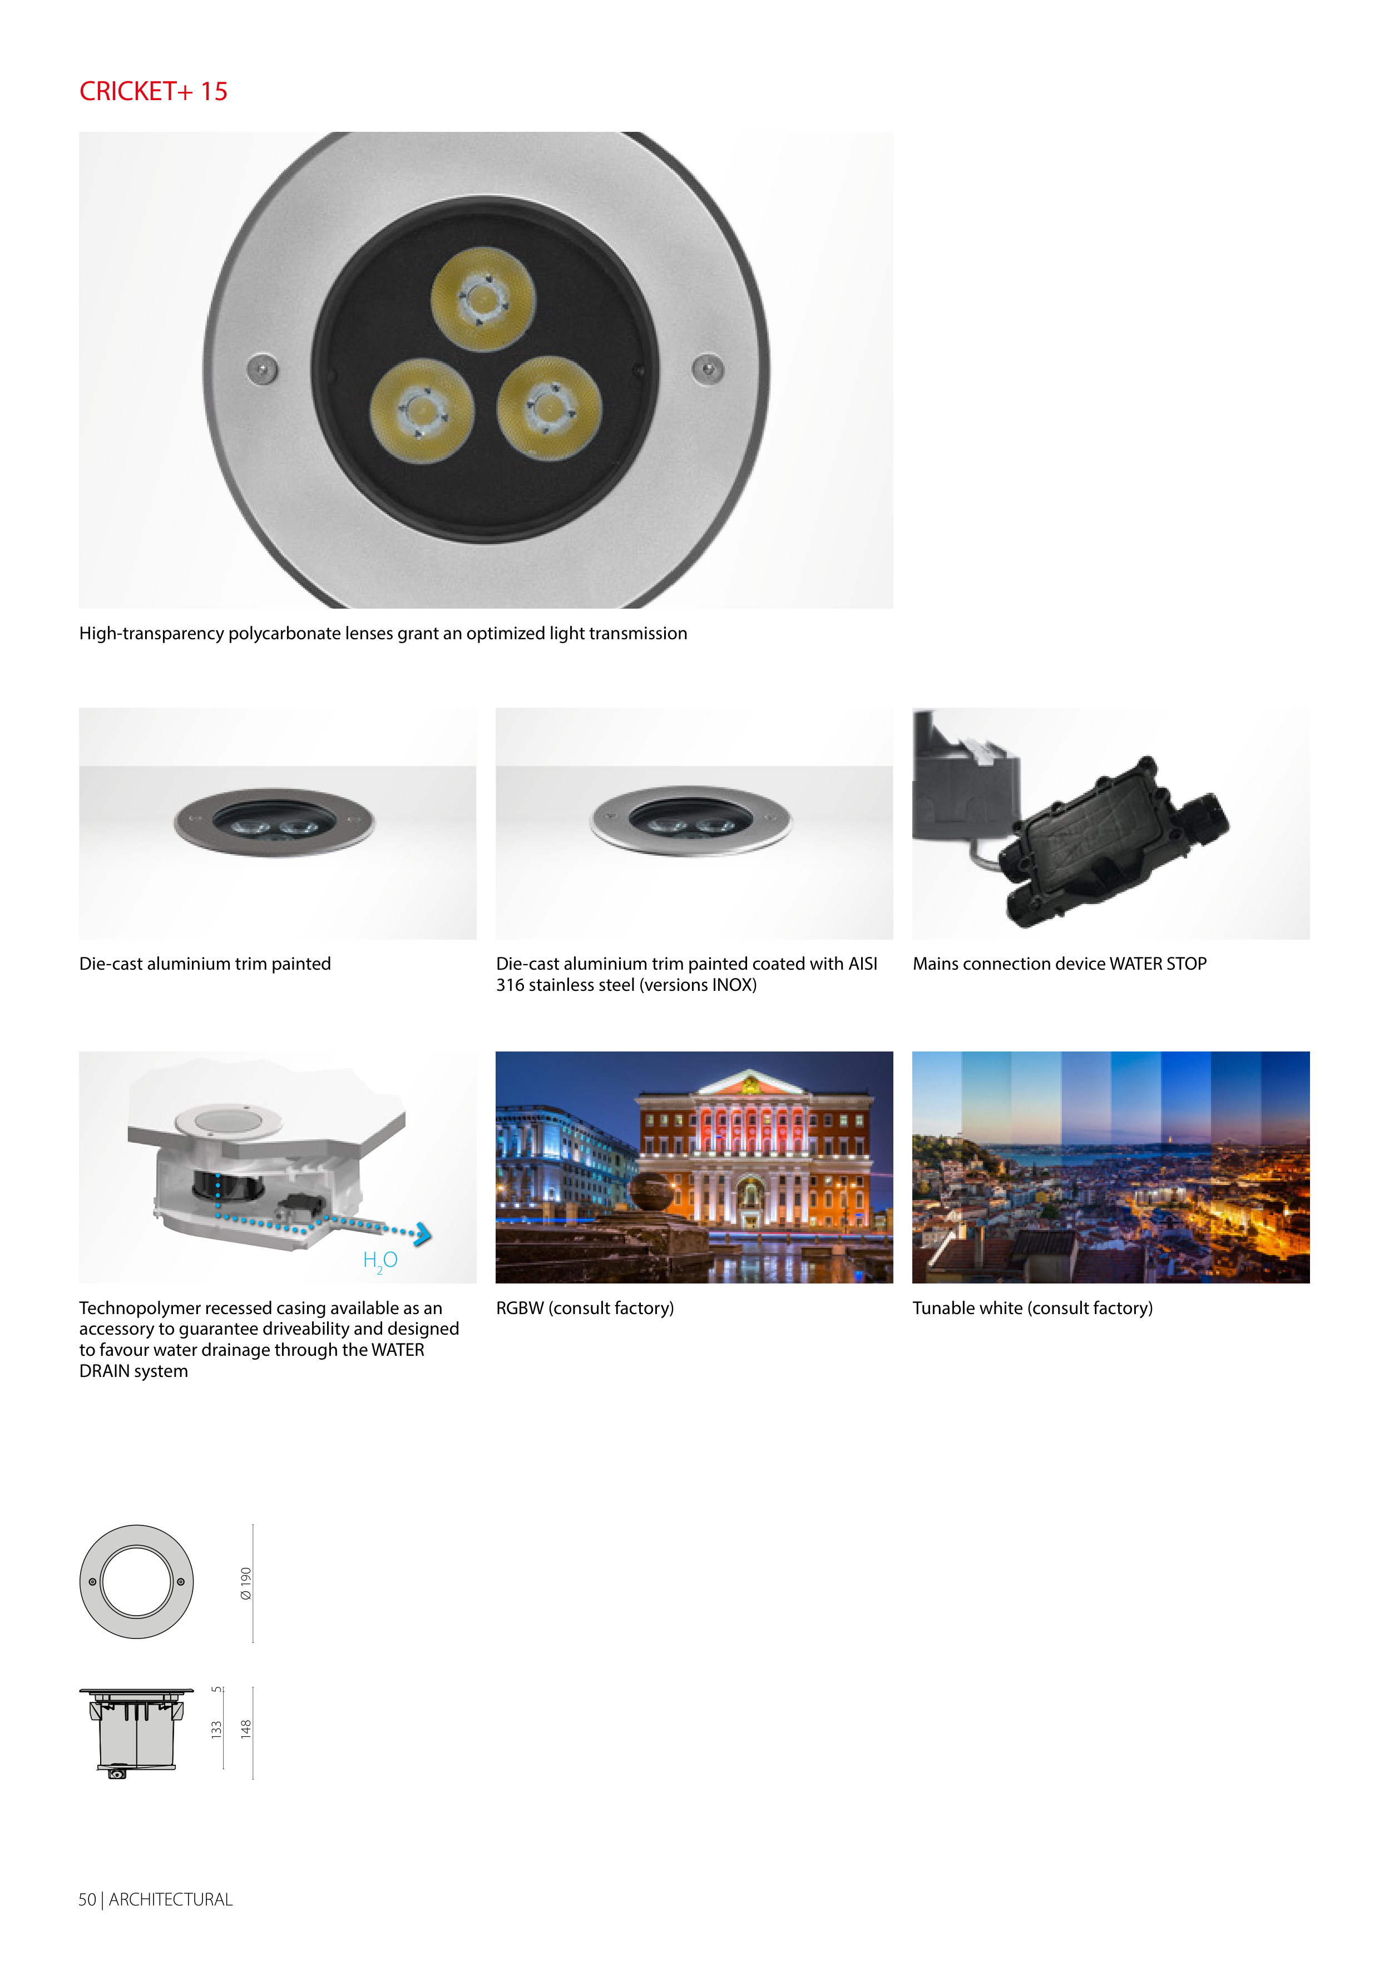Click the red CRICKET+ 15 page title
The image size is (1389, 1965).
(153, 92)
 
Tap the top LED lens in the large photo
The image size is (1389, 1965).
(483, 299)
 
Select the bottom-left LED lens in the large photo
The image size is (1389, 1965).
(422, 411)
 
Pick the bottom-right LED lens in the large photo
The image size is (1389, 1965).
(548, 408)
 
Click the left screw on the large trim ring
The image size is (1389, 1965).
(262, 369)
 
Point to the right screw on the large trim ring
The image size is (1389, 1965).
(708, 369)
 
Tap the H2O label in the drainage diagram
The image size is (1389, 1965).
(380, 1261)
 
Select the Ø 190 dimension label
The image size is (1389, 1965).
(246, 1583)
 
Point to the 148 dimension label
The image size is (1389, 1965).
(246, 1729)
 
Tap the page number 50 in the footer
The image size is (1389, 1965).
(87, 1899)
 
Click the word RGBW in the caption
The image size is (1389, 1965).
(520, 1308)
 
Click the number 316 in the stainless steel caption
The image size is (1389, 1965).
(510, 985)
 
